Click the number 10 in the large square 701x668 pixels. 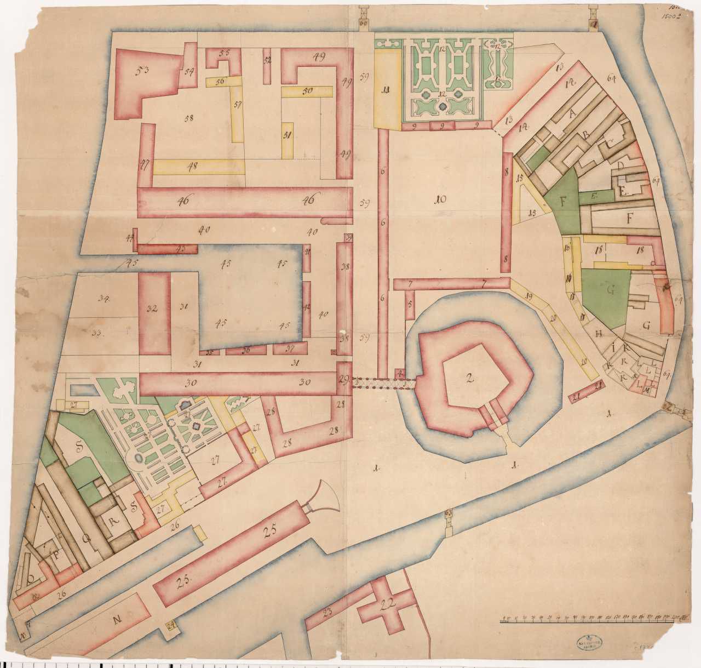tap(439, 201)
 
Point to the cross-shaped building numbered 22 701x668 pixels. tap(388, 603)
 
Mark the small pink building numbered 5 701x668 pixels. tap(409, 304)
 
